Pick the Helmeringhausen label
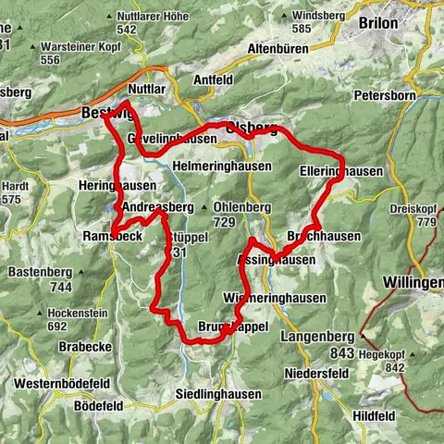[x=222, y=166]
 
